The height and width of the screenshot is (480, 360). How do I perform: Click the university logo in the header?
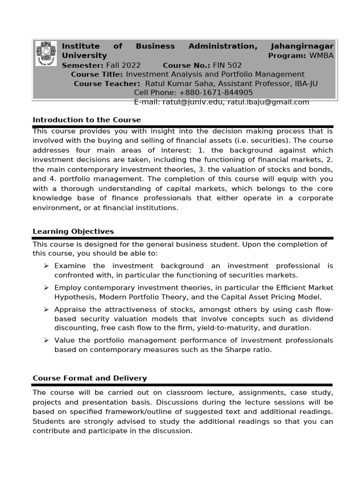point(46,53)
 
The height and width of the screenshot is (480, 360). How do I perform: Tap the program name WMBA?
point(321,56)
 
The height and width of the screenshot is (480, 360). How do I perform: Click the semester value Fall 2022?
point(123,65)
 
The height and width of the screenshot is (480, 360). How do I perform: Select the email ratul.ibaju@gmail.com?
point(268,102)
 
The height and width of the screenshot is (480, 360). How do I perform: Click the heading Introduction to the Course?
point(87,120)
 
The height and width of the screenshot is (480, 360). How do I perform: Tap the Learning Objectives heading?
point(73,232)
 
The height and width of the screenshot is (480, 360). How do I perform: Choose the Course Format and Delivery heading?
point(90,378)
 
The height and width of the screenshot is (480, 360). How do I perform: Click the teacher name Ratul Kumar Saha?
point(174,83)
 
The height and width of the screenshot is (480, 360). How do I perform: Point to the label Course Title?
point(97,75)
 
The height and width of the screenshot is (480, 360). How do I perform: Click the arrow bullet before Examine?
point(46,266)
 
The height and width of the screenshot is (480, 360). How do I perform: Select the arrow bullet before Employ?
point(46,287)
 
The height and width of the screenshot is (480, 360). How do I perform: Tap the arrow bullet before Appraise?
point(46,309)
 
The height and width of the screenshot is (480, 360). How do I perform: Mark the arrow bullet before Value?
point(46,340)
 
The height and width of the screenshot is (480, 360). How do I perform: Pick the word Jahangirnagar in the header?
point(302,46)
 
